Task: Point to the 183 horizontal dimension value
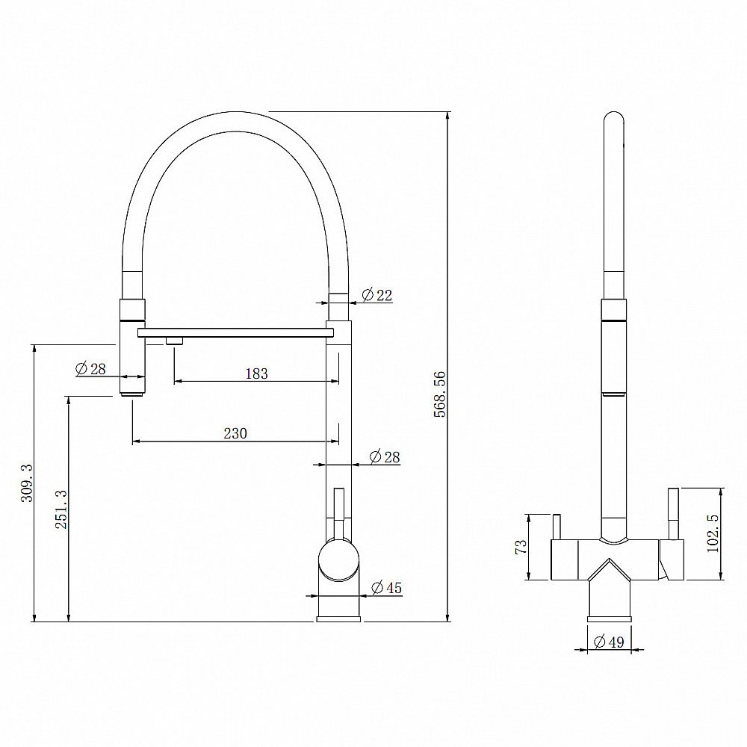[255, 373]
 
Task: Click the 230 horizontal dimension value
[236, 433]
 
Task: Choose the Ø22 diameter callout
[376, 295]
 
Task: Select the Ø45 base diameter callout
[385, 589]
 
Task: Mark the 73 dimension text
[522, 546]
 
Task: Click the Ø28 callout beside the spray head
[91, 368]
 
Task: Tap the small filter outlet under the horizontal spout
[174, 341]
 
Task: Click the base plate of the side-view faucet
[340, 617]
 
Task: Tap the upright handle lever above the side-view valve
[338, 512]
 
